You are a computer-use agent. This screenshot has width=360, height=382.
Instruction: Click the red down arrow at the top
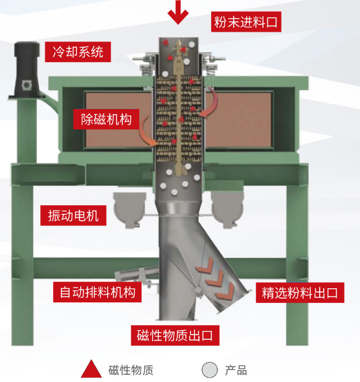tap(178, 12)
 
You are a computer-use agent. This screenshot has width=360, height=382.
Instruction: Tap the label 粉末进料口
tap(246, 21)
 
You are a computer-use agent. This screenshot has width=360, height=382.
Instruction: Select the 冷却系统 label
tap(78, 52)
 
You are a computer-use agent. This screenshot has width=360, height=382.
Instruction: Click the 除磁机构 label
tap(106, 119)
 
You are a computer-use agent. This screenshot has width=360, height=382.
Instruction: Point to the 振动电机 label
tap(73, 216)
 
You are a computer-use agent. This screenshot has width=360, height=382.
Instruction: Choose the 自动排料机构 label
tap(97, 292)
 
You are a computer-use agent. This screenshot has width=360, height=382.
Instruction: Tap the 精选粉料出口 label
tap(300, 293)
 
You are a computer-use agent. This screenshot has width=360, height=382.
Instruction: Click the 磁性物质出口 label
tap(175, 335)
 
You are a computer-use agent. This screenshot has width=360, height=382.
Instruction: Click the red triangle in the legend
tap(91, 369)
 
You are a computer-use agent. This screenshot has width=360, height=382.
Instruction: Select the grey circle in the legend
tap(210, 370)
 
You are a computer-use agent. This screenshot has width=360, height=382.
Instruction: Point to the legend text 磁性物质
tap(131, 370)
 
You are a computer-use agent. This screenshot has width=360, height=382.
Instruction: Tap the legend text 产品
tap(236, 370)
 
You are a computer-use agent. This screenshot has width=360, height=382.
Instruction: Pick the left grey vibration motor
tap(130, 210)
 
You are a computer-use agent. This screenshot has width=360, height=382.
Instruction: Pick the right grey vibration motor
tap(227, 210)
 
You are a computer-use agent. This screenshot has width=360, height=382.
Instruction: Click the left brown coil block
tap(118, 119)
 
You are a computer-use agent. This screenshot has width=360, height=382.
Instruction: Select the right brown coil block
tap(239, 119)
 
